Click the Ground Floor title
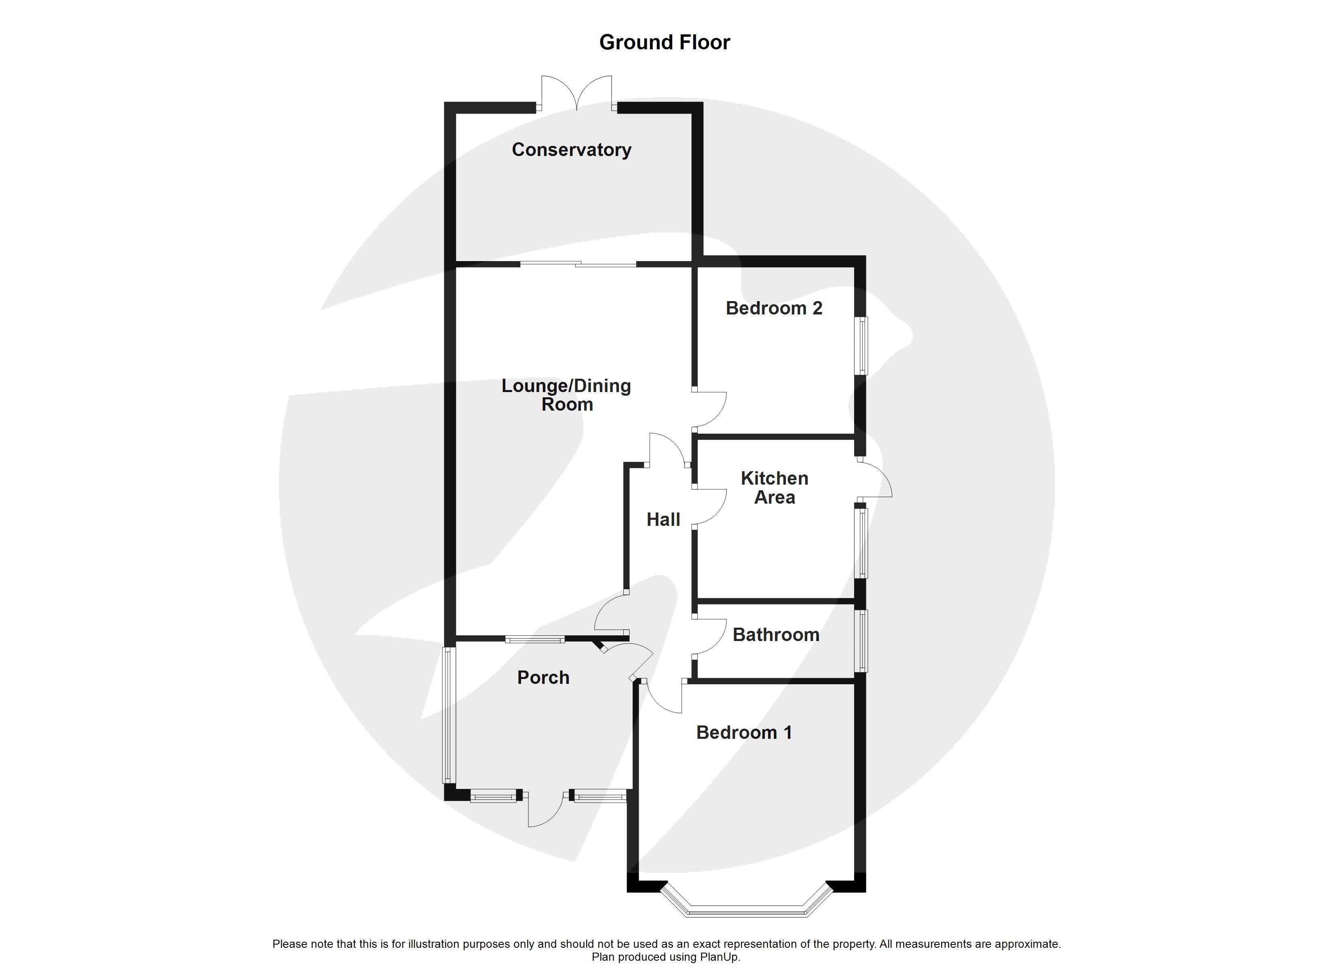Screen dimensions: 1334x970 [665, 42]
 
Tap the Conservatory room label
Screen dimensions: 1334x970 [572, 150]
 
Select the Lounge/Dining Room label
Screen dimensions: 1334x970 [566, 395]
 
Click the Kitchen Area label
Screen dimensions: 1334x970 [775, 488]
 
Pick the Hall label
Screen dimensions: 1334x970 [663, 519]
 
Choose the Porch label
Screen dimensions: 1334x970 [543, 678]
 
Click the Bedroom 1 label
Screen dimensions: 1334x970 [744, 732]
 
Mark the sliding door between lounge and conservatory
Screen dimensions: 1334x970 [578, 264]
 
